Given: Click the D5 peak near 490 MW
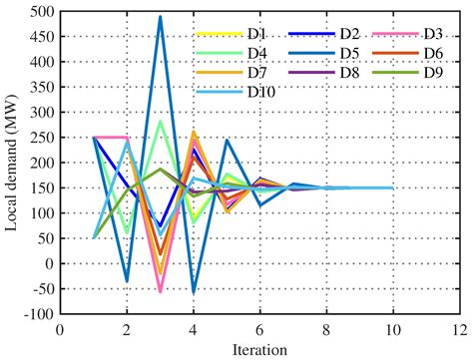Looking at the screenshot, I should (x=160, y=17).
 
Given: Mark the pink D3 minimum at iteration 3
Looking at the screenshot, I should (x=160, y=292).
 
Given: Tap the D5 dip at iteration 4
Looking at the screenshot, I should (x=193, y=293).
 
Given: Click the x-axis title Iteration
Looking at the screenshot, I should (x=259, y=350).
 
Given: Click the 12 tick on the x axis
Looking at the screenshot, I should (x=458, y=329).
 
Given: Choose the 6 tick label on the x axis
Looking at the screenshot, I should (x=259, y=329).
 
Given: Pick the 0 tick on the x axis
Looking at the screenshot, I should (x=60, y=329).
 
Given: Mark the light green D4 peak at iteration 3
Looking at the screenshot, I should (x=160, y=122).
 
